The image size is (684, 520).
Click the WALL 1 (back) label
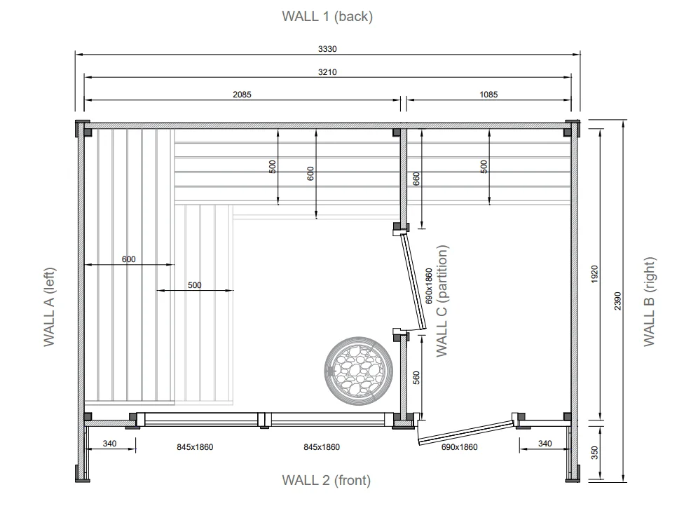327,17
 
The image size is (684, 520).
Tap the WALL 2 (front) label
327,480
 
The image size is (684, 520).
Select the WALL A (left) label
49,307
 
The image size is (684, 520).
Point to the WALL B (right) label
650,301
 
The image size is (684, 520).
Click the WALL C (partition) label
442,301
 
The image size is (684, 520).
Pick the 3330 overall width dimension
327,49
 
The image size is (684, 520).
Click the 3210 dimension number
327,72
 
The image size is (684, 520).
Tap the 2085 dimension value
242,94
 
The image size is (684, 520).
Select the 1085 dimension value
488,94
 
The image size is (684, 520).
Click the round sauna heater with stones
359,370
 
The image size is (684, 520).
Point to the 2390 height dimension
617,301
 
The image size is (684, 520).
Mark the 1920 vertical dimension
594,274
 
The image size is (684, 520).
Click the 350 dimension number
594,453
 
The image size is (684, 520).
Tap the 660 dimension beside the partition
416,179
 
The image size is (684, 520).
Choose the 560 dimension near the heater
416,378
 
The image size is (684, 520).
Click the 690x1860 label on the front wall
459,446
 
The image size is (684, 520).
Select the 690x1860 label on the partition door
428,286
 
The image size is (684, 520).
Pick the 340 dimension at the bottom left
109,443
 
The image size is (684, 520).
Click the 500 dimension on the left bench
195,285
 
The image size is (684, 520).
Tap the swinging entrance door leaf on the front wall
466,432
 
